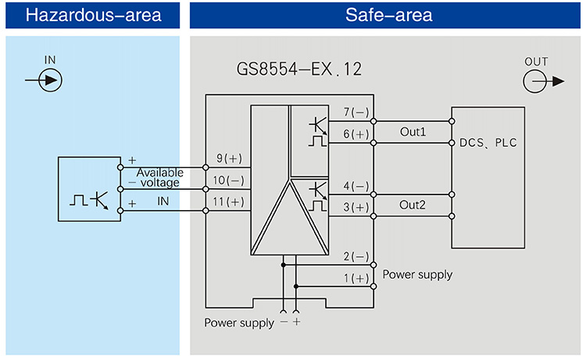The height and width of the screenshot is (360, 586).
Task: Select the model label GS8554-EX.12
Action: pyautogui.click(x=298, y=70)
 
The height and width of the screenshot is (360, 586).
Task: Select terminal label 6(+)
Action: pyautogui.click(x=356, y=134)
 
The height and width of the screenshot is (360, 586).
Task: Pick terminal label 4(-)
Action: pyautogui.click(x=356, y=186)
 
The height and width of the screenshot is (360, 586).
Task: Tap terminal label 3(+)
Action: pyautogui.click(x=356, y=207)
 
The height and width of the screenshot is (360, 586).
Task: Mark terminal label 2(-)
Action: pyautogui.click(x=356, y=257)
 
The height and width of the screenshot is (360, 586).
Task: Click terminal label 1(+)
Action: pyautogui.click(x=356, y=278)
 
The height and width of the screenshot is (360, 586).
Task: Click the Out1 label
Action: pyautogui.click(x=413, y=132)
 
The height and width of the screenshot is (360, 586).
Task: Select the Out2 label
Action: pyautogui.click(x=413, y=205)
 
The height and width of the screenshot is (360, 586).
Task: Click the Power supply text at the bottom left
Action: pyautogui.click(x=239, y=323)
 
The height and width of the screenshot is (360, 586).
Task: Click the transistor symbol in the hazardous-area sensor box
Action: pyautogui.click(x=99, y=200)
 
